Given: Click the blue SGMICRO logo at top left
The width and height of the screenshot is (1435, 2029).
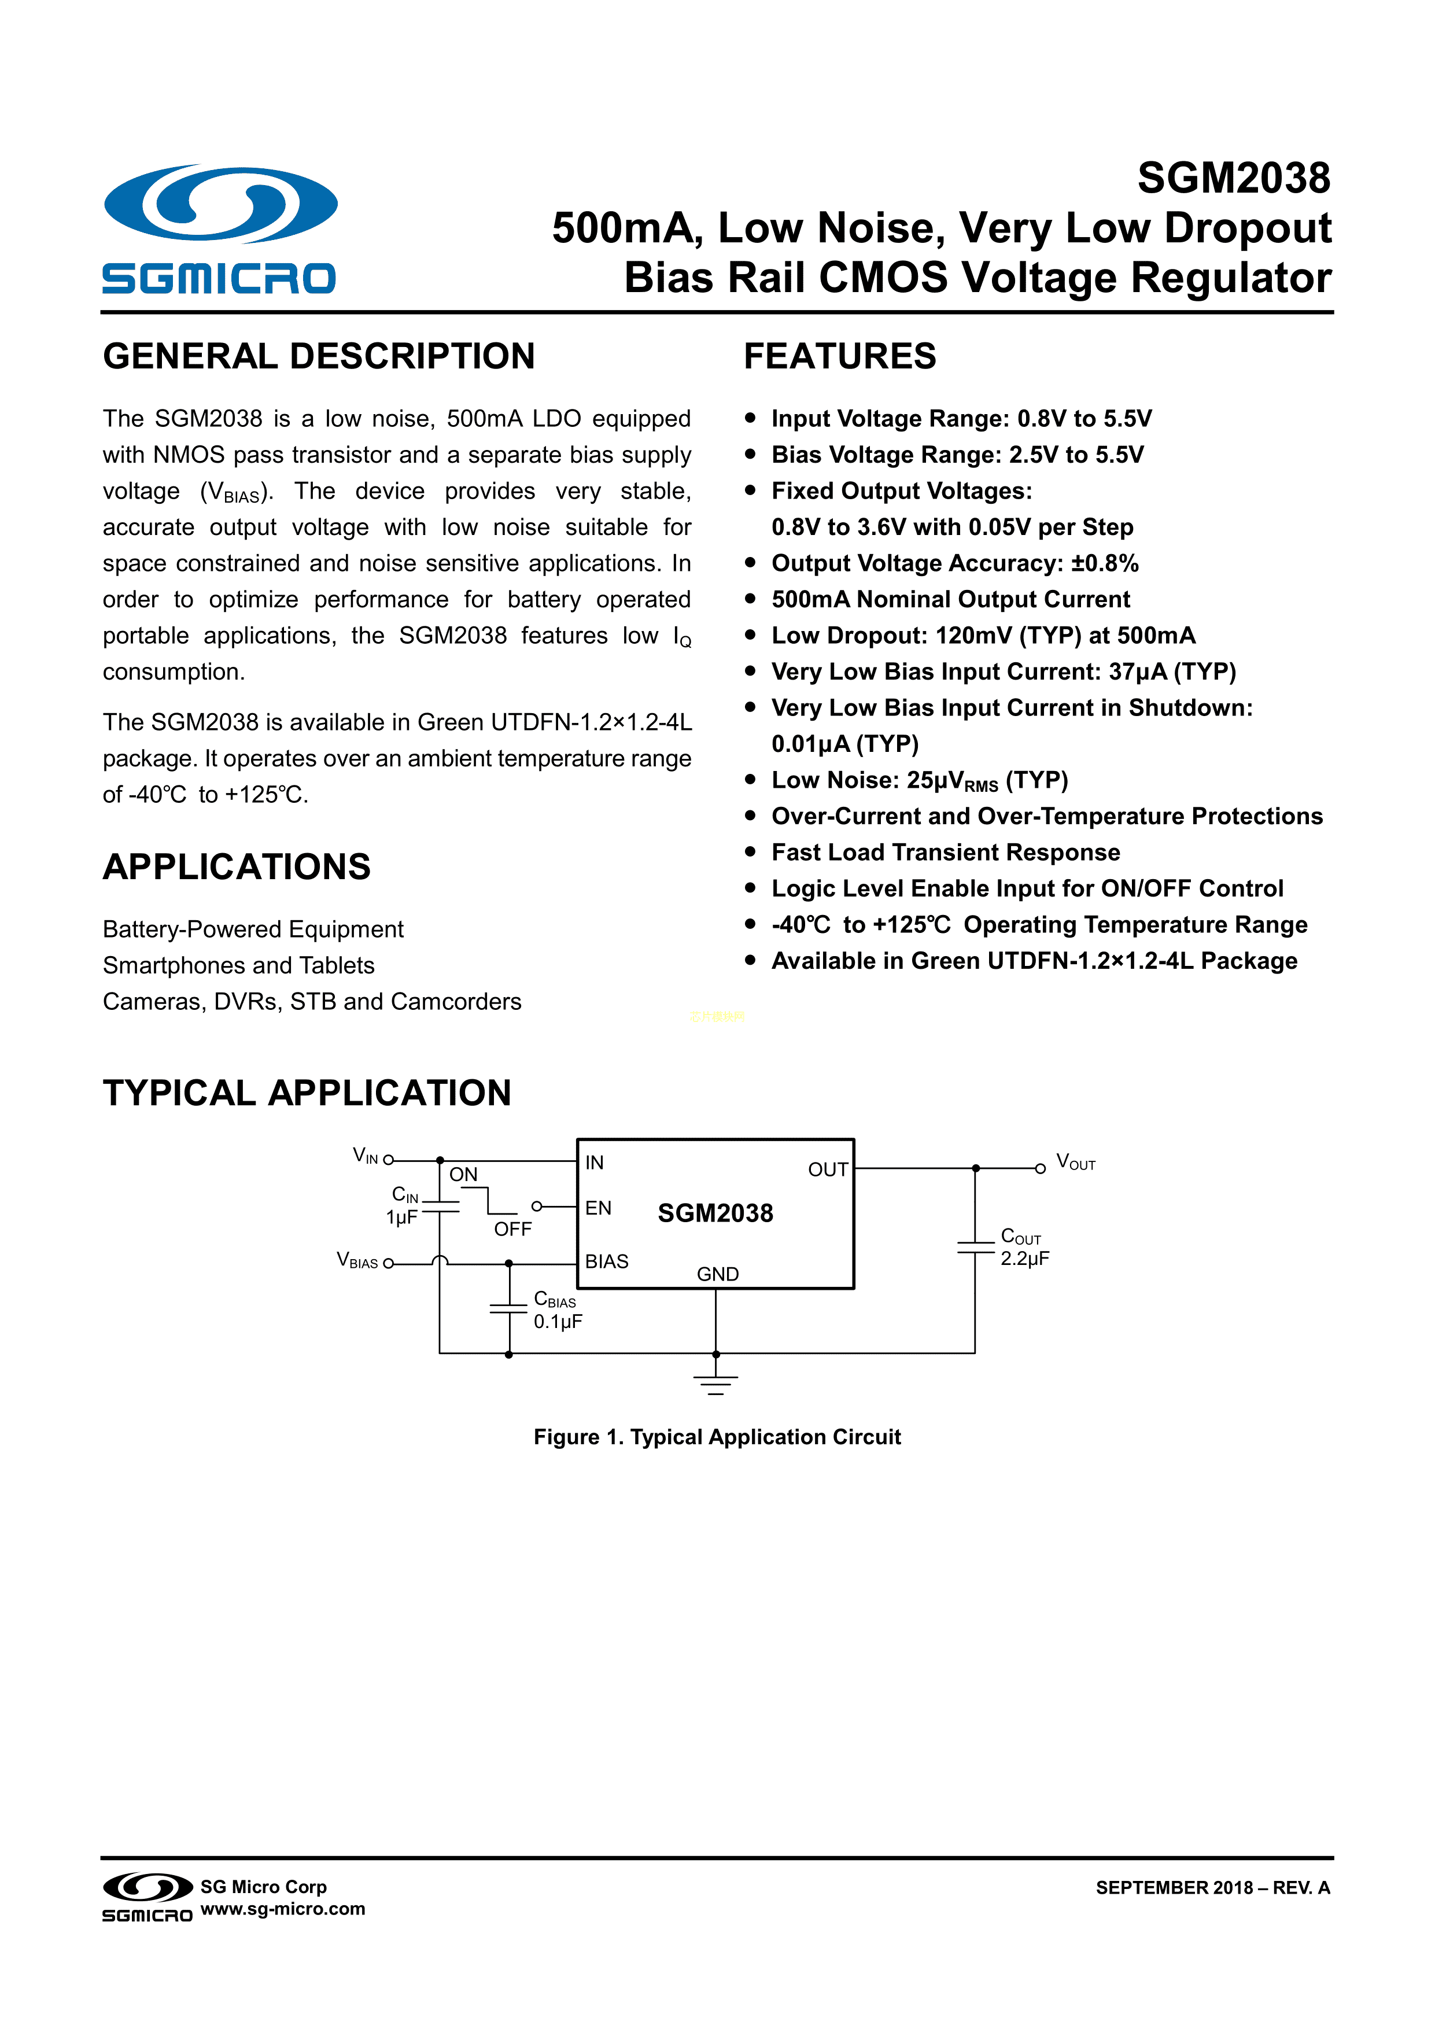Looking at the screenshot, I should tap(219, 228).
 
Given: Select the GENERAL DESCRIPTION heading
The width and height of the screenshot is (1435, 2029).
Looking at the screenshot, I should tap(319, 357).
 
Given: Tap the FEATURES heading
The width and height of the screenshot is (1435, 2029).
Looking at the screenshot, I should tap(839, 357).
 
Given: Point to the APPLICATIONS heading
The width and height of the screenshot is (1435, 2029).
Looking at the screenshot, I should tap(237, 867).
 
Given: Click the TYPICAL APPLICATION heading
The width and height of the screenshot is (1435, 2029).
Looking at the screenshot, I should tap(307, 1093).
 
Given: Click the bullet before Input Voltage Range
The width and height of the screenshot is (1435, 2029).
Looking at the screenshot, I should tap(750, 418).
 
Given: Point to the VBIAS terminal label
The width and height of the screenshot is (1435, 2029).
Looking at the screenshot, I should tap(357, 1260).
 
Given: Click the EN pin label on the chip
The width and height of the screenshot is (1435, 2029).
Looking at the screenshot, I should tap(598, 1208).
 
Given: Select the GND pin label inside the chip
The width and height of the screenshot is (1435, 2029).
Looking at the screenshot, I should tap(717, 1274).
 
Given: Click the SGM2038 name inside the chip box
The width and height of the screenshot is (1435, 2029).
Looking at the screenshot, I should tap(715, 1213).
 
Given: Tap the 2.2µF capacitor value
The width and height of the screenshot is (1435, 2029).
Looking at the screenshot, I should tap(1024, 1259).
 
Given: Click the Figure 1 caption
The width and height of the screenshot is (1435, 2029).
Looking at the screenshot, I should tap(717, 1437).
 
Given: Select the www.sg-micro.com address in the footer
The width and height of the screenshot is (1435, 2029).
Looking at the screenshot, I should tap(283, 1908).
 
